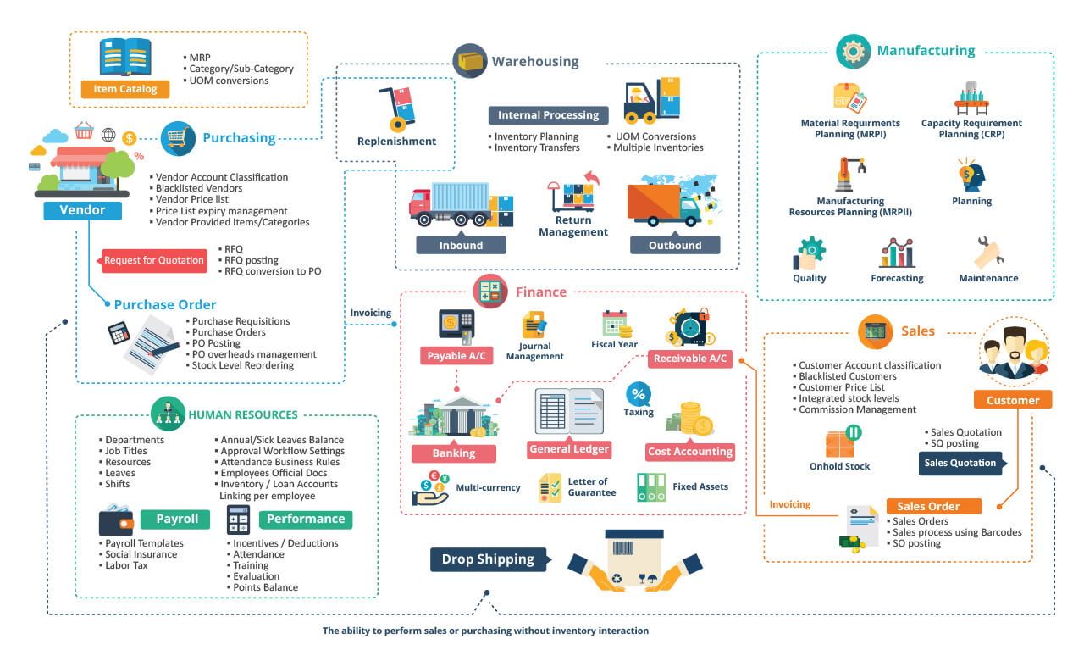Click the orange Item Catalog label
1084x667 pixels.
click(125, 89)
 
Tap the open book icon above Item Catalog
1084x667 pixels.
click(125, 57)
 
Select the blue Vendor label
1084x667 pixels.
click(82, 210)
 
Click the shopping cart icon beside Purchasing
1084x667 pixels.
click(178, 138)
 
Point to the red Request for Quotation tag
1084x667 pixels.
click(153, 260)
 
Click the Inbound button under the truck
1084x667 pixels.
click(461, 245)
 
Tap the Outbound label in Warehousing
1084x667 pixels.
click(675, 245)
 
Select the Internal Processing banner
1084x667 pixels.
click(548, 115)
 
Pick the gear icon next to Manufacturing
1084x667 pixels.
click(853, 52)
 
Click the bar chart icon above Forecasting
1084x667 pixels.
click(897, 253)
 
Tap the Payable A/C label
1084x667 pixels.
click(456, 356)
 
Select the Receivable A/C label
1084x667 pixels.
click(690, 359)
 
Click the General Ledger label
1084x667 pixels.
click(568, 449)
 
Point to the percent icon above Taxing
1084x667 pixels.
click(639, 394)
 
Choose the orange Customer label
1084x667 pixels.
click(1013, 400)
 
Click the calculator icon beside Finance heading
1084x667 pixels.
click(490, 292)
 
